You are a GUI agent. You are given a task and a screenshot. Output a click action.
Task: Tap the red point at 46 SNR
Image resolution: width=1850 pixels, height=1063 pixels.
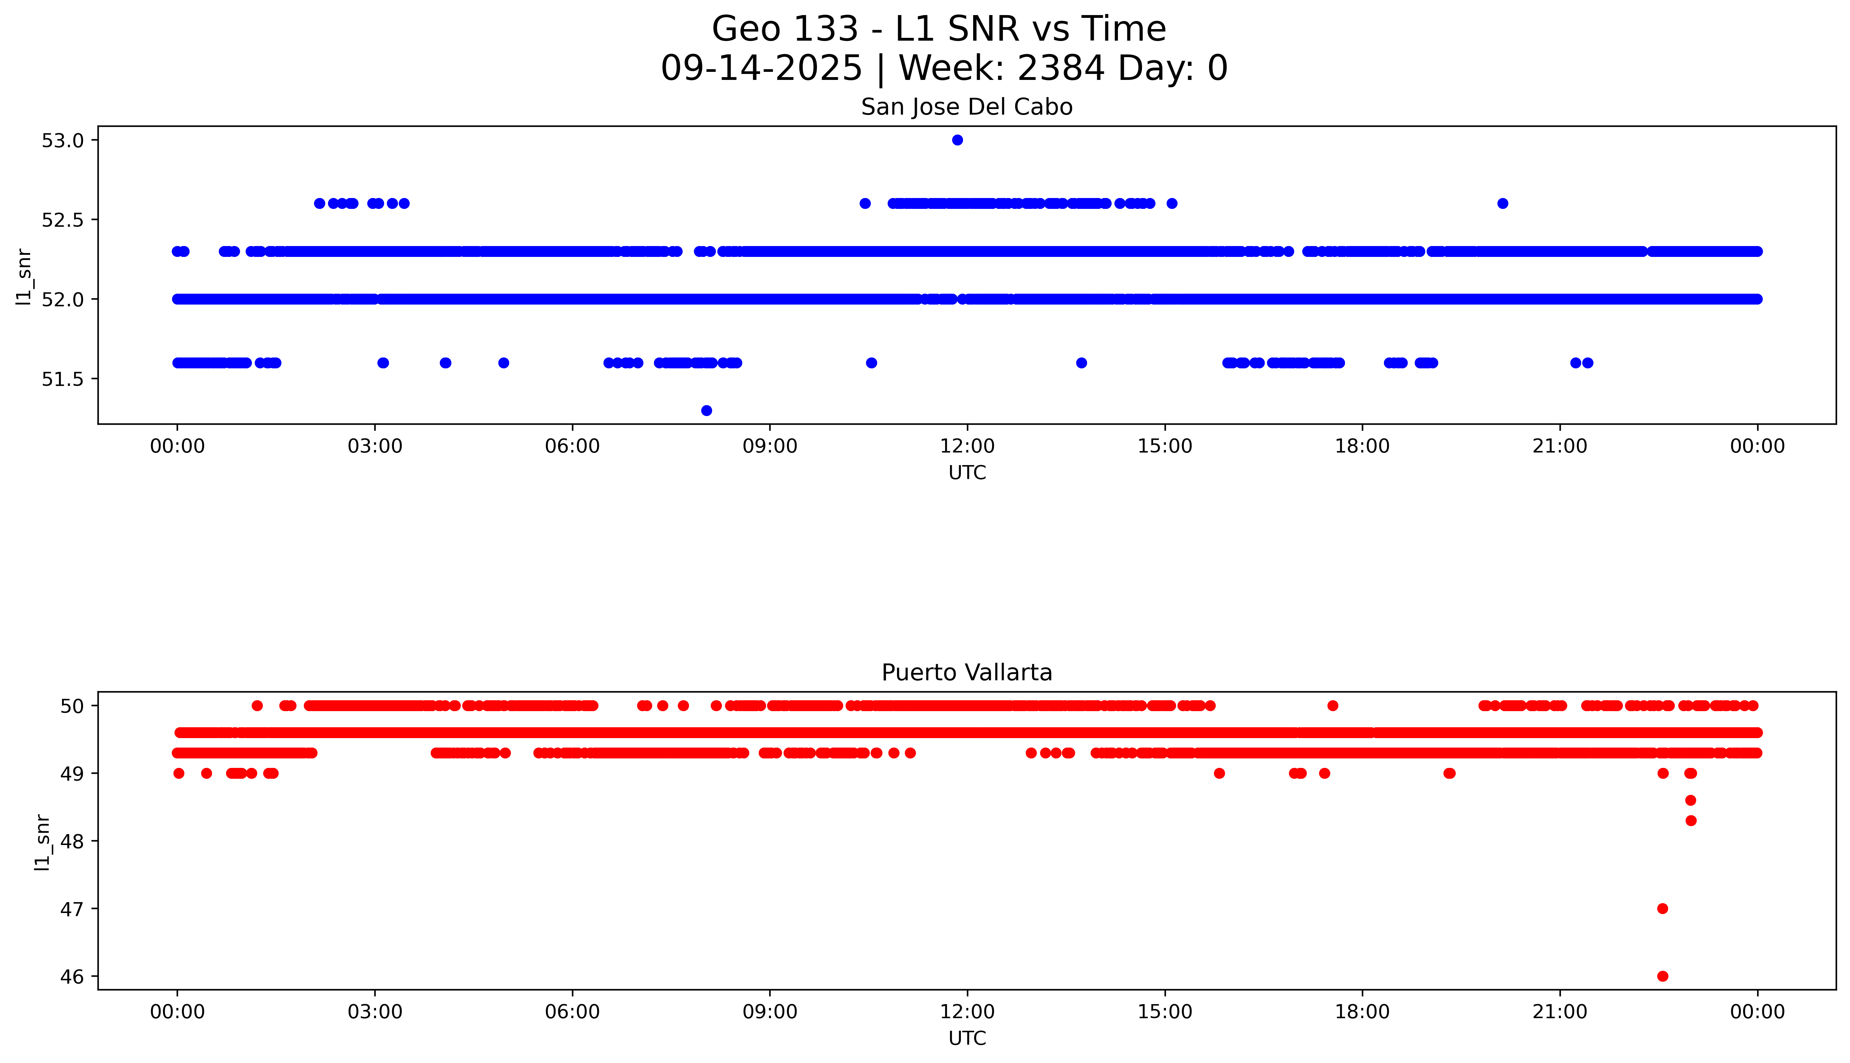click(1663, 976)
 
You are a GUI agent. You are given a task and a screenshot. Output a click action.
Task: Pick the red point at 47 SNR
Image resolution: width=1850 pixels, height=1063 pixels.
click(1663, 908)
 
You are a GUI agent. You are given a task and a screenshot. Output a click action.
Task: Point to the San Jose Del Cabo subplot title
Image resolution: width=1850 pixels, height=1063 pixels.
click(966, 107)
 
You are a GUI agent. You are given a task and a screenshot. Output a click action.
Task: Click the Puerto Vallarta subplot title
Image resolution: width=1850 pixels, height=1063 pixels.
click(966, 673)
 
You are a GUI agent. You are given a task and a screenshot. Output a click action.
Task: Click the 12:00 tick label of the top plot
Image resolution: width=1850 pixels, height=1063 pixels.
click(967, 446)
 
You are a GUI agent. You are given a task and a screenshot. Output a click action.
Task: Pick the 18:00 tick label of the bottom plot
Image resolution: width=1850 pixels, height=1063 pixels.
click(1362, 1012)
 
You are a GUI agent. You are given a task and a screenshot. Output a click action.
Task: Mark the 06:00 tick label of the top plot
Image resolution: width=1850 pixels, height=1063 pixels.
click(572, 446)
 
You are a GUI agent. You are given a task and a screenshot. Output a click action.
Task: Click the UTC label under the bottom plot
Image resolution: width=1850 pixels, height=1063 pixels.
click(967, 1038)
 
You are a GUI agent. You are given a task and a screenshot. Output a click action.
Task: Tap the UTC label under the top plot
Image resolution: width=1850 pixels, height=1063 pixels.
click(967, 473)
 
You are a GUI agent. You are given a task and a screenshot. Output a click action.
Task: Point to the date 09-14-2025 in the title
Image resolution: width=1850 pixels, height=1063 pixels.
click(761, 69)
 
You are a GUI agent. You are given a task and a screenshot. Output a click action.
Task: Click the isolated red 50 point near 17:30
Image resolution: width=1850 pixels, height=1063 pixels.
click(1333, 705)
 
